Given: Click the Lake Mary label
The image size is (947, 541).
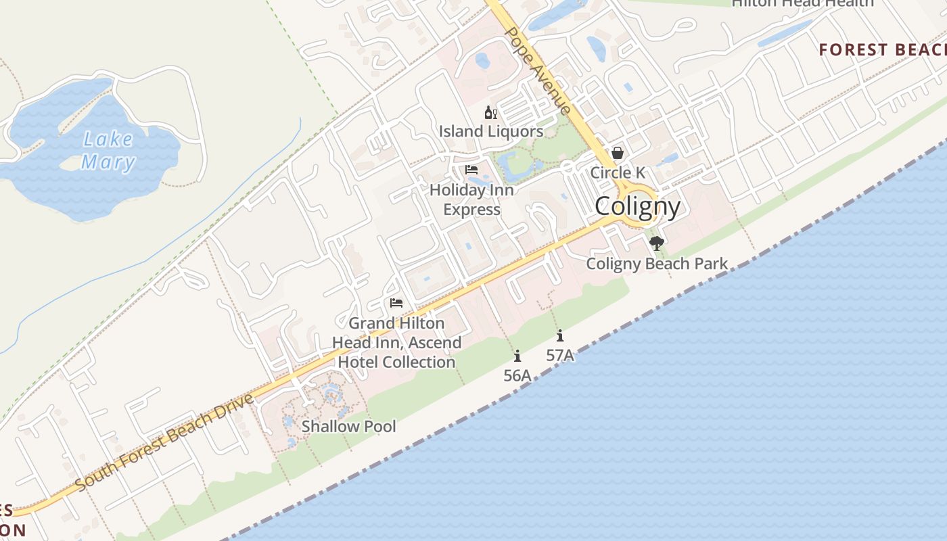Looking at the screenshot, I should [108, 151].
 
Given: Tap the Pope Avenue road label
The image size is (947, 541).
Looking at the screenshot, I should [538, 70].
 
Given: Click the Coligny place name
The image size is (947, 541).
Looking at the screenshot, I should [637, 206].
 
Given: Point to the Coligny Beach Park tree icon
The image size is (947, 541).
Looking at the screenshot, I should [655, 243].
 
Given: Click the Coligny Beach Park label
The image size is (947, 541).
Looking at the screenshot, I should [657, 264].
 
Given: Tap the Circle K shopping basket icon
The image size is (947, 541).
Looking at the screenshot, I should [618, 154].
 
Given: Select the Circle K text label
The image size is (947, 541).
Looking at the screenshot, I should [618, 172].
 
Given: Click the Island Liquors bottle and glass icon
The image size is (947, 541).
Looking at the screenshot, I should [490, 112].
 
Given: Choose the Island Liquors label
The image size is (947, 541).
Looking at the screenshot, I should [490, 131].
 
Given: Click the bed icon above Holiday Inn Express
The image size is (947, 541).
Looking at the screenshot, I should [471, 170].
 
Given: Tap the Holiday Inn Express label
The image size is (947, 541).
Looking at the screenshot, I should [471, 199].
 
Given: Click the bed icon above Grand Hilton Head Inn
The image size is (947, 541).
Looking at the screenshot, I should [396, 303].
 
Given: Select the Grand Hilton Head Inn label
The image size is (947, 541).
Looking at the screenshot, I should [396, 342].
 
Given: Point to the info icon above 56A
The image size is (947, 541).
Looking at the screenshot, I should [517, 356].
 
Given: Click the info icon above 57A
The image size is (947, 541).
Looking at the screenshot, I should [560, 335].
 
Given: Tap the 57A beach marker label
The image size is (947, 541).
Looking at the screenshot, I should [560, 354].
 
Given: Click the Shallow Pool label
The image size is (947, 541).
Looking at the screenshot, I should [348, 426].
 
